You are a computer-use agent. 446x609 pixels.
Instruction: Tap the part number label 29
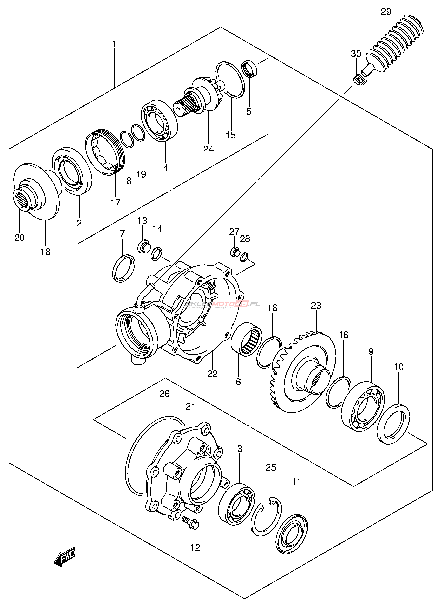pyautogui.click(x=386, y=12)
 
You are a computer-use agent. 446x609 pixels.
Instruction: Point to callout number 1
pyautogui.click(x=114, y=44)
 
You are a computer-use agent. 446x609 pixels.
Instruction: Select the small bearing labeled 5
pyautogui.click(x=249, y=69)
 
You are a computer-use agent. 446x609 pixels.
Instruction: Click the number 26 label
pyautogui.click(x=164, y=394)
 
